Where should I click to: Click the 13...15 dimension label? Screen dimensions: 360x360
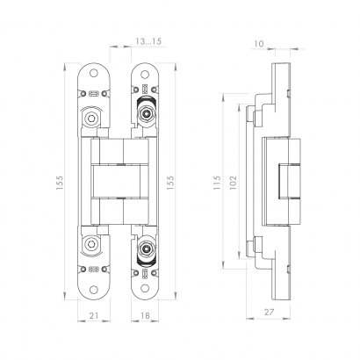coord(148,41)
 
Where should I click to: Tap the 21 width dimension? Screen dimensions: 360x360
coord(94,315)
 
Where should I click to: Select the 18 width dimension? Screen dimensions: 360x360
coord(145,315)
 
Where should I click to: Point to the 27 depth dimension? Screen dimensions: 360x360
coord(269,312)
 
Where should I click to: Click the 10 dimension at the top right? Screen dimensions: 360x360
coord(259,44)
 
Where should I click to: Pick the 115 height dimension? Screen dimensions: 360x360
coord(217,183)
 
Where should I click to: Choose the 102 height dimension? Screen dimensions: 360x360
coord(233,183)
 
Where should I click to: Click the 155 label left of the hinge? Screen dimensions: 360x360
coord(60,183)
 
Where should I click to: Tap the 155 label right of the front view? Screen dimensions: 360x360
coord(170,183)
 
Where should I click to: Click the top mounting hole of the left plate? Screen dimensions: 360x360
coord(94,73)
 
